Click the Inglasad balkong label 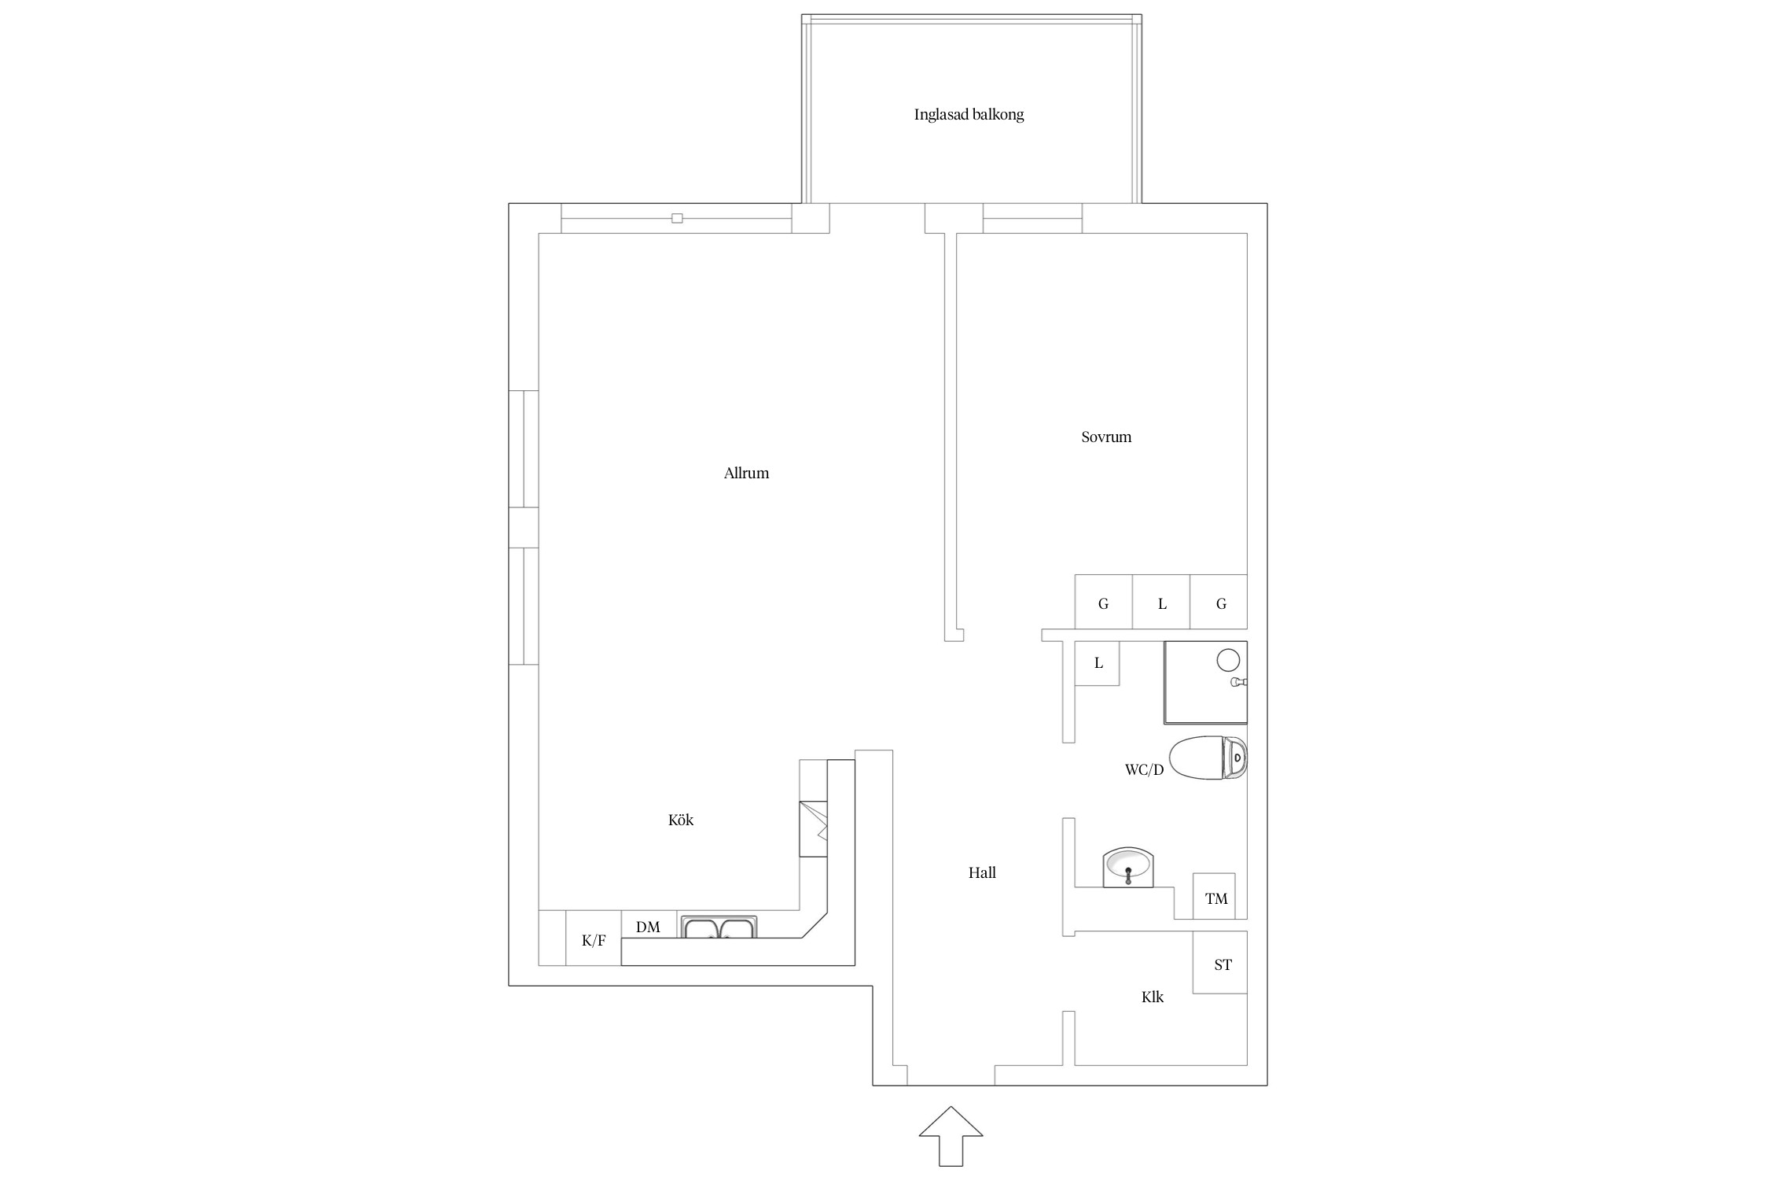point(969,115)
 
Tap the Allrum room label point(746,473)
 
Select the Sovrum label point(1106,437)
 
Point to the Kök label point(681,820)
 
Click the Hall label point(982,872)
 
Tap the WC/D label point(1144,770)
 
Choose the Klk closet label point(1153,997)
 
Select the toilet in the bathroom point(1208,758)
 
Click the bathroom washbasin point(1127,868)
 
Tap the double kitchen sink point(719,927)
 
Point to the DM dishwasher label point(648,927)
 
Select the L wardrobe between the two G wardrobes point(1161,602)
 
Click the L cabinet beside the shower point(1098,663)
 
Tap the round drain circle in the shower point(1228,660)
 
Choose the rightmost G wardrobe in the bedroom point(1219,602)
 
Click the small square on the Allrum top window point(677,218)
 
